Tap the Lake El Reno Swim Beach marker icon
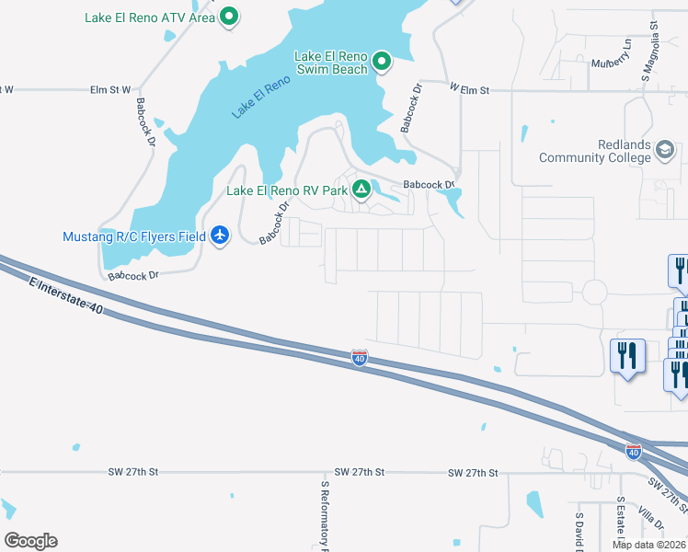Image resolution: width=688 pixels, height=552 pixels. (x=382, y=63)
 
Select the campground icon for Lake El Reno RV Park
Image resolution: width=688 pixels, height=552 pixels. (x=361, y=190)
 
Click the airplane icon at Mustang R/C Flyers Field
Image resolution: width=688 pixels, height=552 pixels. (x=220, y=236)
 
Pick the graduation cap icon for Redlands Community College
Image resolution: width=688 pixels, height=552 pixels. (x=665, y=149)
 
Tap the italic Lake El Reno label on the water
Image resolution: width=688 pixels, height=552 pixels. (x=261, y=96)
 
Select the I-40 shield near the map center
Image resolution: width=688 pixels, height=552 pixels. (x=360, y=358)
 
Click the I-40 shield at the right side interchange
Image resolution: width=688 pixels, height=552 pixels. (x=633, y=451)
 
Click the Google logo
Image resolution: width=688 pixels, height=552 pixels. (x=30, y=541)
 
